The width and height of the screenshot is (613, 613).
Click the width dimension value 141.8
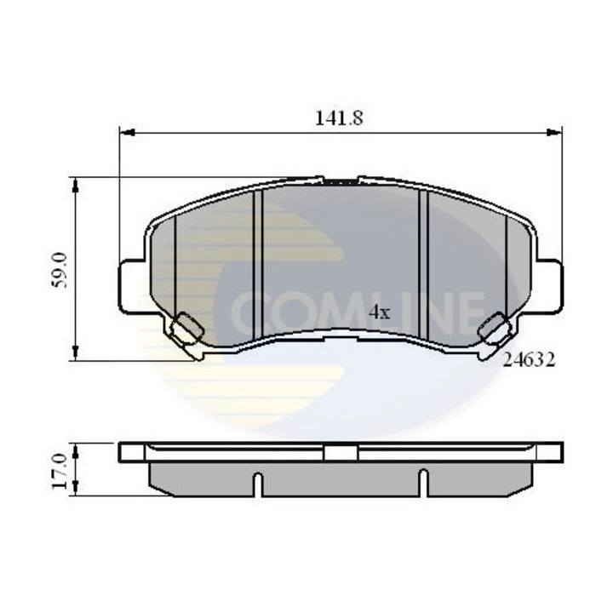tap(339, 119)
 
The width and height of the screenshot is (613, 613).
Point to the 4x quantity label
tap(379, 312)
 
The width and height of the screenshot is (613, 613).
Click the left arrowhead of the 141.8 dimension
tap(124, 132)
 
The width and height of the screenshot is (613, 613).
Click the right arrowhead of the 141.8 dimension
tap(555, 132)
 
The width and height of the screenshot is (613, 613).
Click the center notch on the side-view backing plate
tap(341, 452)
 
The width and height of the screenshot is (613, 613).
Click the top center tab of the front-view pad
tap(341, 181)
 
